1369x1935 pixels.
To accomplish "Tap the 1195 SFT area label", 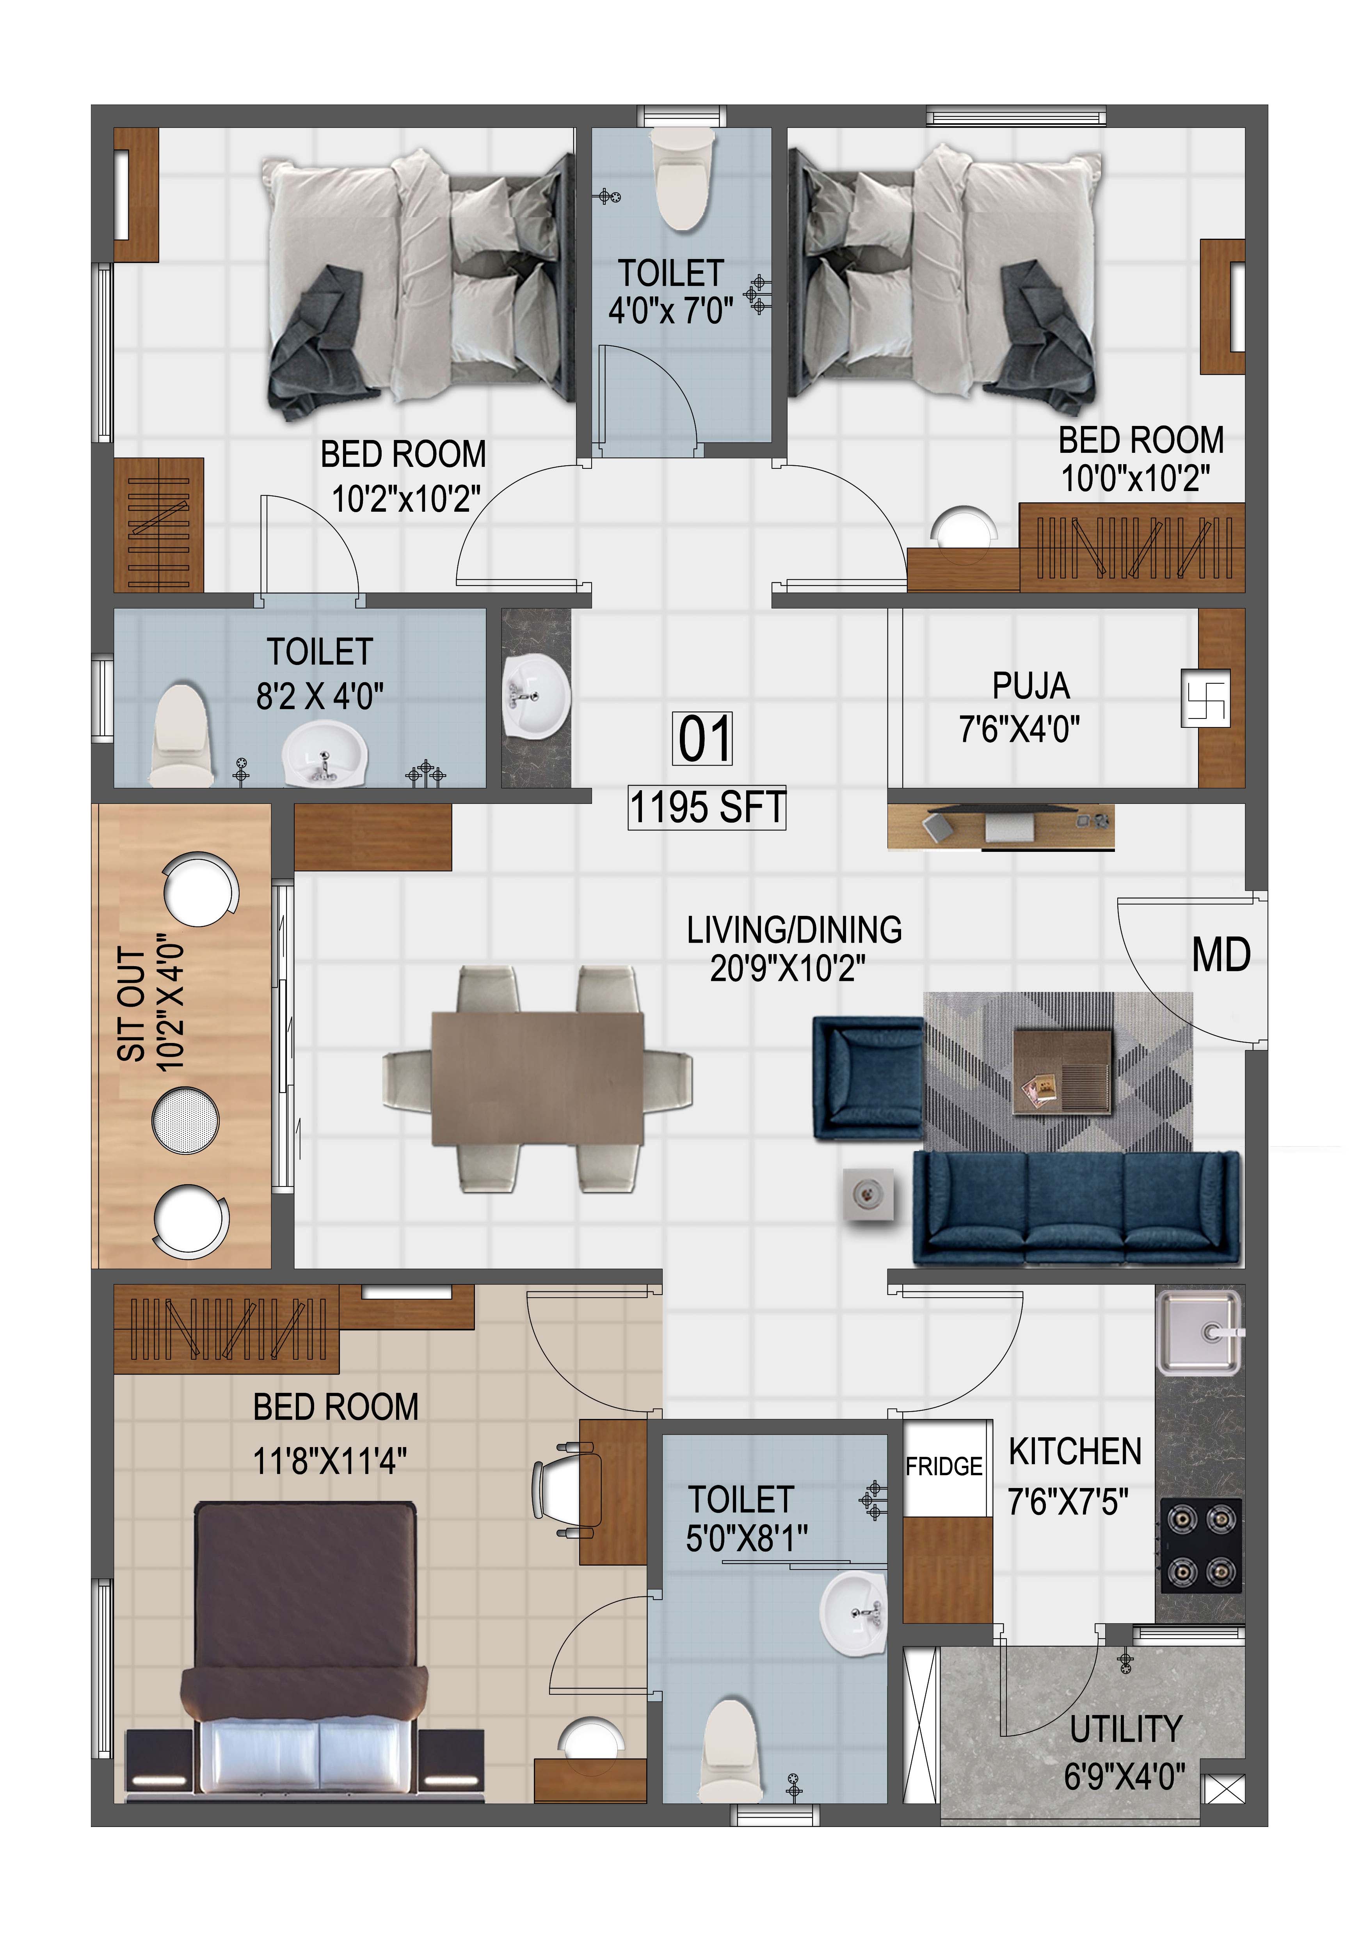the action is (x=707, y=807).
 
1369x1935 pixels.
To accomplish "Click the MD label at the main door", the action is (x=1221, y=956).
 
